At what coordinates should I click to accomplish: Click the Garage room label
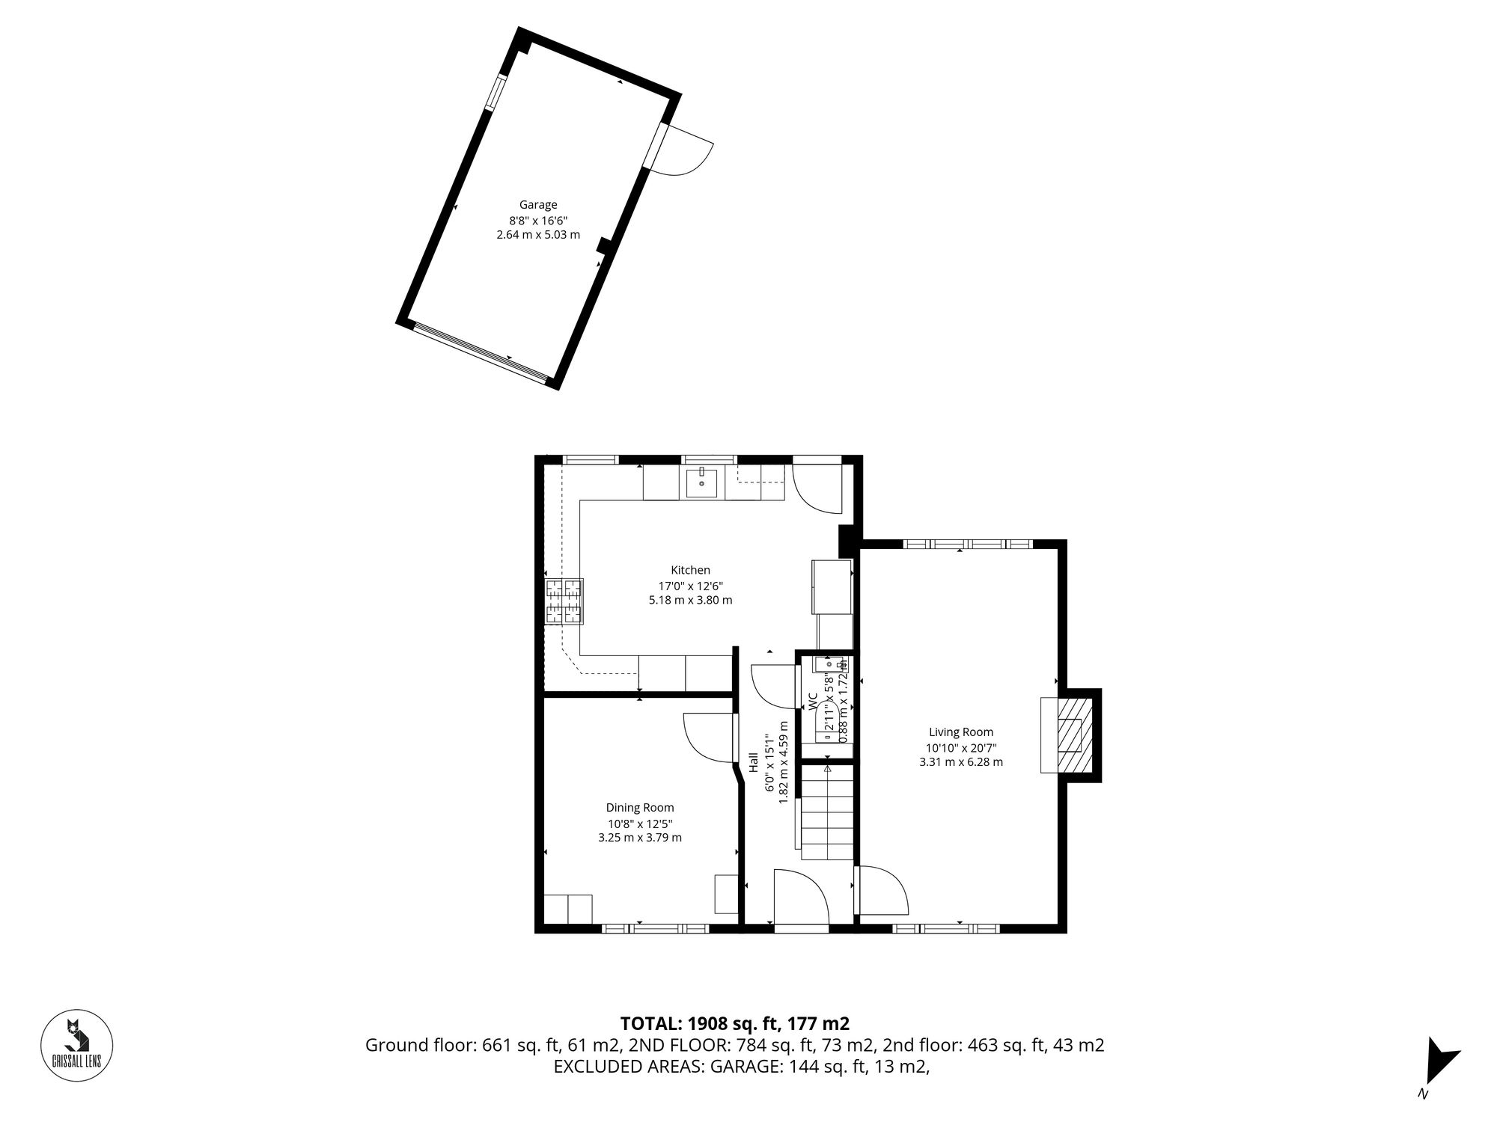click(538, 205)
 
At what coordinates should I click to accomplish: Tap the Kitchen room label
click(690, 570)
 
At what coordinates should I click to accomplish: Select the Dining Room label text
click(640, 807)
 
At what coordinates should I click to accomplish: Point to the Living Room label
click(961, 732)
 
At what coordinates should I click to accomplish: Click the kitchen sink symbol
click(702, 482)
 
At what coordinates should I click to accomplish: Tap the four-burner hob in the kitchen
click(564, 602)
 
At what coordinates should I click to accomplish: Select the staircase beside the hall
click(827, 812)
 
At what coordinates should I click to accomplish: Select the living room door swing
click(882, 890)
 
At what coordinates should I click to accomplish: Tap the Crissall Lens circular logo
click(76, 1046)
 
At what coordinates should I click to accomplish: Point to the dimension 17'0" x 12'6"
click(690, 586)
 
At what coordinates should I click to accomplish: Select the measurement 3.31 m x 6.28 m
click(961, 762)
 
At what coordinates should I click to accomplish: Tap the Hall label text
click(754, 762)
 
